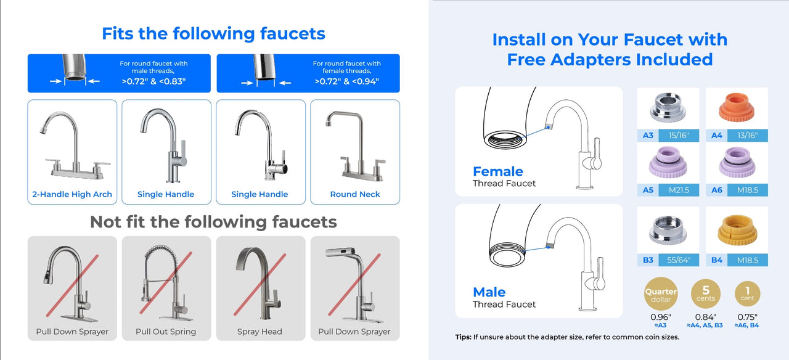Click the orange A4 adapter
coord(737,107)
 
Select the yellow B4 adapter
coord(737,230)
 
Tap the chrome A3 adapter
coord(668,107)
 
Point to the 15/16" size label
coord(679,135)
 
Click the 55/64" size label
coord(679,260)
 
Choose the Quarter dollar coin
coord(661,293)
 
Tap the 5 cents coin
coord(706,293)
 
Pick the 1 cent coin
coord(748,293)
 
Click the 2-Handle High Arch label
coord(72,194)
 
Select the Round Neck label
coord(355,194)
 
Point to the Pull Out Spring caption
coord(166,332)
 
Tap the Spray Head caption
coord(260,332)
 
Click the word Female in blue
coord(497,171)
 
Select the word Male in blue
coord(489,292)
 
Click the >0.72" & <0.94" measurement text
coord(346,81)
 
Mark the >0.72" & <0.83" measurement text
coord(153,81)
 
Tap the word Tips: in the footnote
coord(463,337)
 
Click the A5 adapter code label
coord(648,190)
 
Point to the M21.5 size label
coord(679,190)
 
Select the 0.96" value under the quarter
coord(661,317)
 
